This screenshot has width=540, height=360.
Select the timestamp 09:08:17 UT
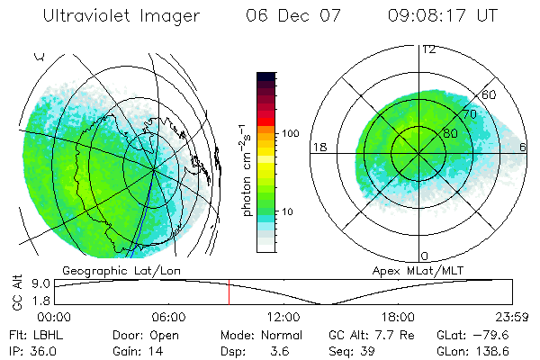[x=443, y=16]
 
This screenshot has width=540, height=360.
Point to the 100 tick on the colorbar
[x=291, y=133]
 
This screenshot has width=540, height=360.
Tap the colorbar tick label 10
[x=291, y=212]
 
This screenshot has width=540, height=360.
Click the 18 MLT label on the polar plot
[x=318, y=147]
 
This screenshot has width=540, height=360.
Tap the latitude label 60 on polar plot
[x=490, y=94]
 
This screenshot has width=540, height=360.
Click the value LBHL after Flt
[x=44, y=335]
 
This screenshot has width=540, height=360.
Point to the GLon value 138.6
[x=501, y=351]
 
